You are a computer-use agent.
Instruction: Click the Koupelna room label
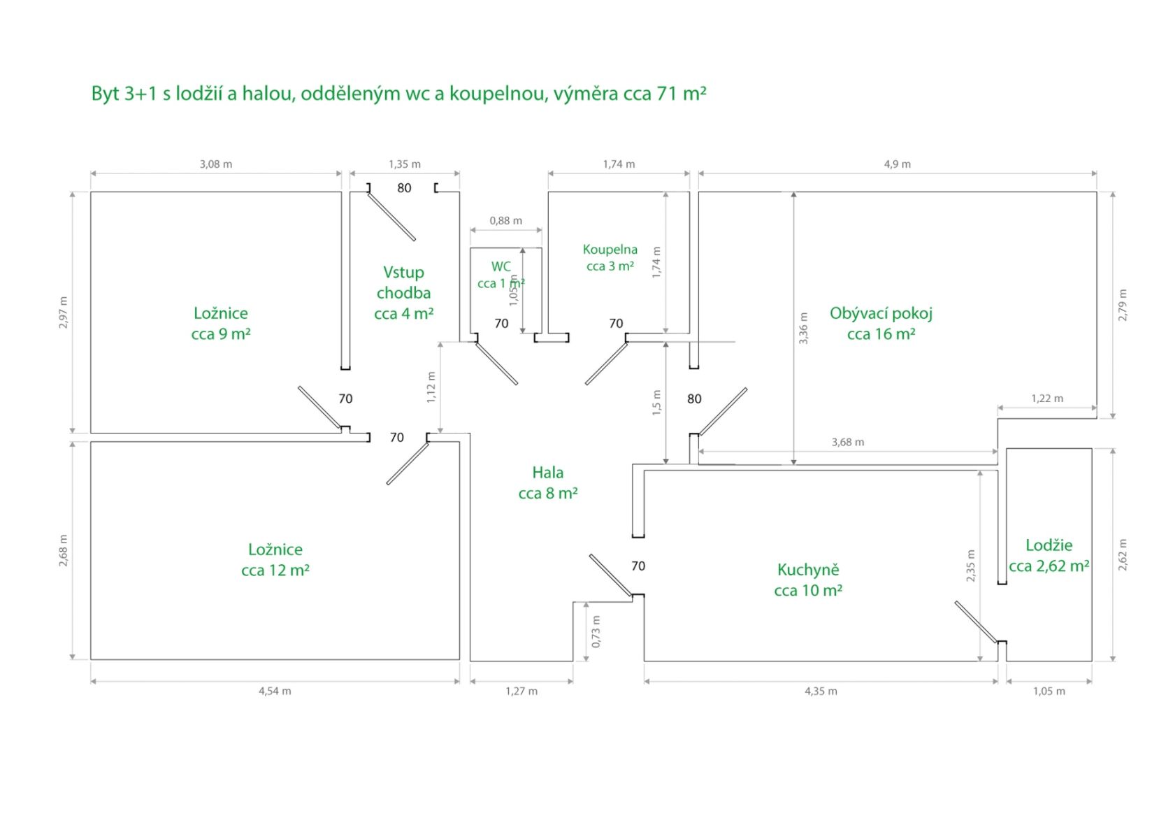[x=610, y=258]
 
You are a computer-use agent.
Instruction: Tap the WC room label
[x=501, y=275]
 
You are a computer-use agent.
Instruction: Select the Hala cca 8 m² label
[x=548, y=483]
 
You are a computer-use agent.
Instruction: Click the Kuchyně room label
[x=807, y=580]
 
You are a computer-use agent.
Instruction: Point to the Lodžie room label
[x=1049, y=555]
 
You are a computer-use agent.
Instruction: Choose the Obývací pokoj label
[x=881, y=324]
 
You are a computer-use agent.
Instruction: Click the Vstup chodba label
[x=403, y=293]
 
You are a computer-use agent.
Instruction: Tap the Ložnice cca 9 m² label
[x=221, y=324]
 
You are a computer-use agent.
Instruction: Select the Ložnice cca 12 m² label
[x=275, y=559]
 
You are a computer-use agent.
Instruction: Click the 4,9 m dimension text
[x=897, y=164]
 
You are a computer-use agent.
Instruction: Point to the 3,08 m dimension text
[x=216, y=164]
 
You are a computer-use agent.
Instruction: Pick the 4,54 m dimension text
[x=275, y=691]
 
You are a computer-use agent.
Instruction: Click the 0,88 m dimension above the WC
[x=505, y=220]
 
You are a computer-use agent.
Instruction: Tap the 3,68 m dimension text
[x=847, y=442]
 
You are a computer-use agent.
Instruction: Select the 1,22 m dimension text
[x=1047, y=399]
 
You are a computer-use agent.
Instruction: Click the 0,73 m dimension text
[x=596, y=631]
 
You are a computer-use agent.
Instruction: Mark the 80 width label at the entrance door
[x=404, y=188]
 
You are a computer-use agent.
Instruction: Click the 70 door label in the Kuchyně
[x=638, y=566]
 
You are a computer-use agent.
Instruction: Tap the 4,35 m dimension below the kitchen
[x=821, y=691]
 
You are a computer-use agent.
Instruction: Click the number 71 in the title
[x=668, y=94]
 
